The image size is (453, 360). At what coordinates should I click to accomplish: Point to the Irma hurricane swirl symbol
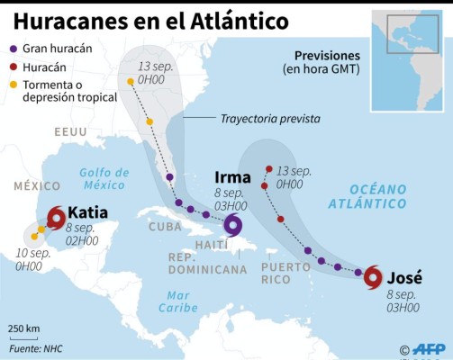[x=234, y=224]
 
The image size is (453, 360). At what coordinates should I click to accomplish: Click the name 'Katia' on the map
[x=88, y=213]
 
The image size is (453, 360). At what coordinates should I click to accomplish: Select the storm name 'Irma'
[x=233, y=177]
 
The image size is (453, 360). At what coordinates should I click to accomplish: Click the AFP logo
[x=428, y=348]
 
